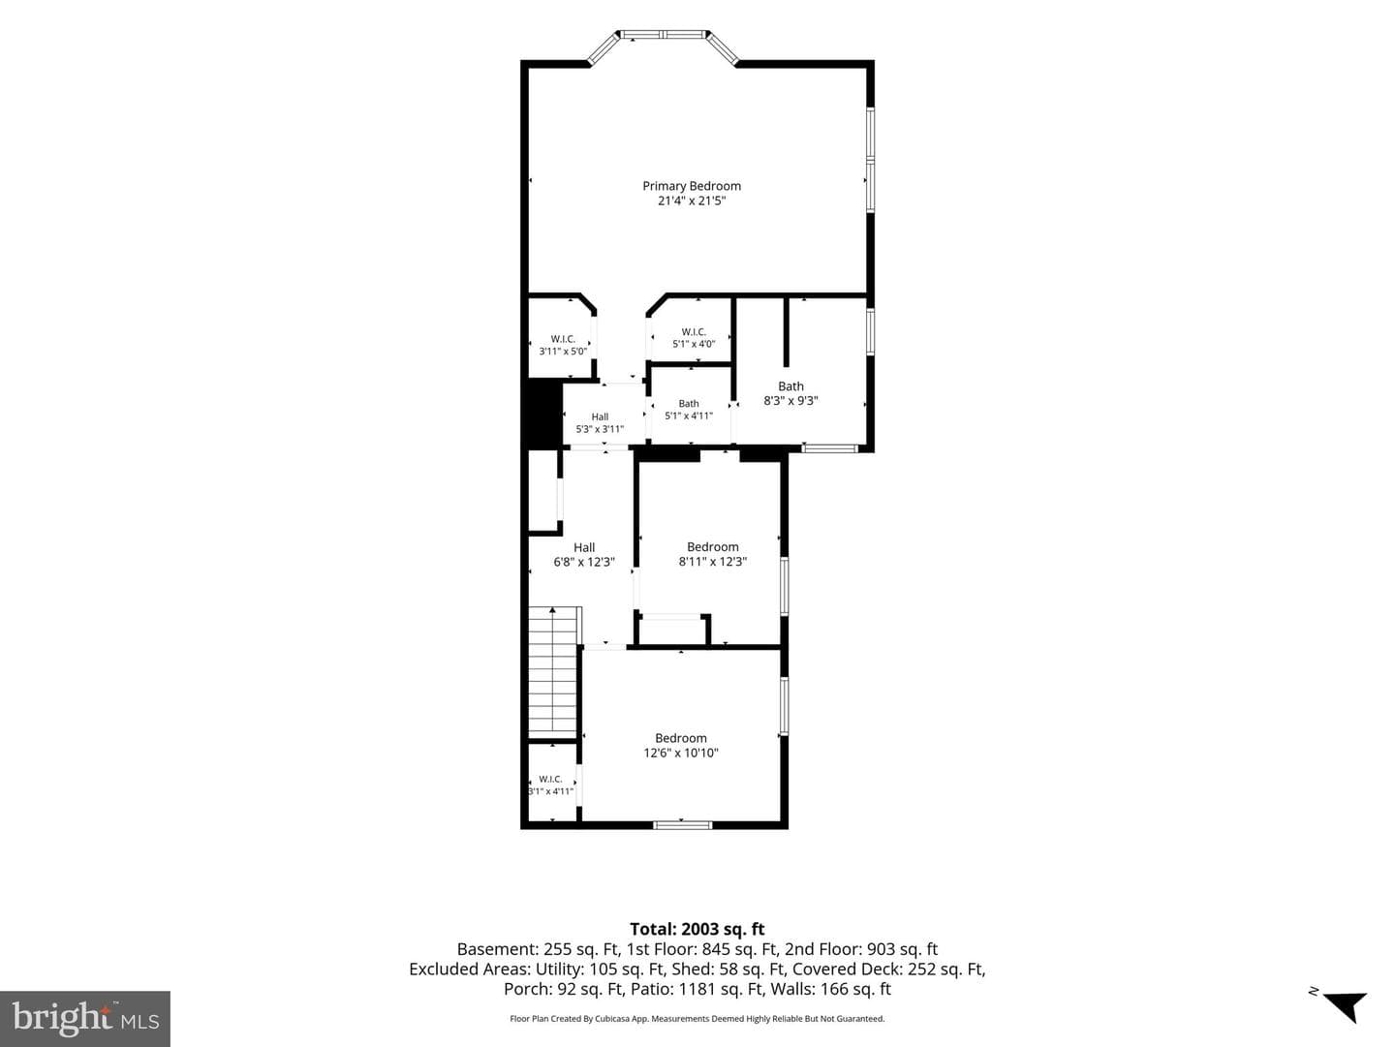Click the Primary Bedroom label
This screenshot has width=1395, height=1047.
pyautogui.click(x=692, y=186)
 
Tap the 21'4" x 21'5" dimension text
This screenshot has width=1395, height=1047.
pyautogui.click(x=692, y=200)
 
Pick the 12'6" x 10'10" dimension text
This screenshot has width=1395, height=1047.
pyautogui.click(x=681, y=753)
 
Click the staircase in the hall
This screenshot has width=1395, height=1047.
pyautogui.click(x=554, y=672)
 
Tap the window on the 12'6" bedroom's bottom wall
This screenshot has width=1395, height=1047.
pyautogui.click(x=683, y=825)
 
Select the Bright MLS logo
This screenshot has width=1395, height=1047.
pyautogui.click(x=85, y=1019)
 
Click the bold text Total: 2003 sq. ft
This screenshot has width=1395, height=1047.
pyautogui.click(x=697, y=930)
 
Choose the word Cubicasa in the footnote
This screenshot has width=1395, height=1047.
pyautogui.click(x=610, y=1019)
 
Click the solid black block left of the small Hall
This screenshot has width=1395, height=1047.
pyautogui.click(x=542, y=415)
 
